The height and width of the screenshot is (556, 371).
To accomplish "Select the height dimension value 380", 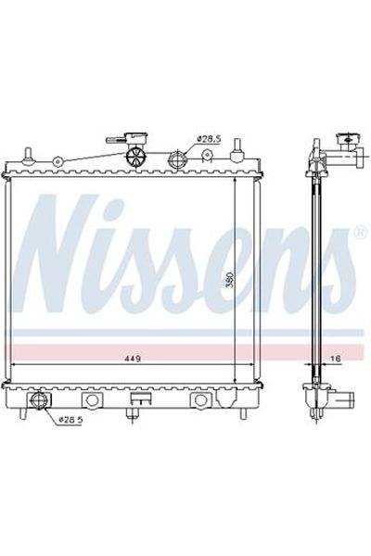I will pos(228,281).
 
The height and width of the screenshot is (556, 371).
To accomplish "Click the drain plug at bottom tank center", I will pos(140,401).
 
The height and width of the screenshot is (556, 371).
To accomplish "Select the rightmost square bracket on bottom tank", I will pos(198,401).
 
